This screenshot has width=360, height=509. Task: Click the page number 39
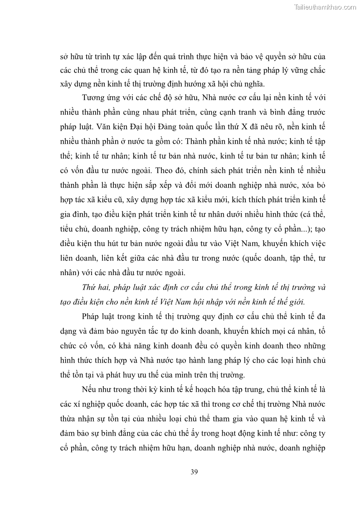[x=194, y=471]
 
